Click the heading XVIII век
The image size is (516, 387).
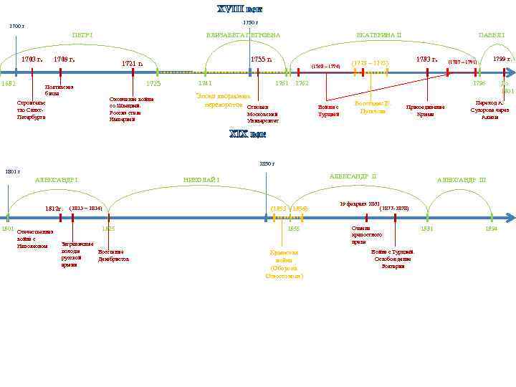[240, 9]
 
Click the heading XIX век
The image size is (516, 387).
[247, 133]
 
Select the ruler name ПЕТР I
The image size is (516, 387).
[82, 35]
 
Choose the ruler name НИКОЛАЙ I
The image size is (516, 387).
[201, 179]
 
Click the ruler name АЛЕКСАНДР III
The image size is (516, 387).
[462, 180]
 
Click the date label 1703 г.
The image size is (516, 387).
[32, 59]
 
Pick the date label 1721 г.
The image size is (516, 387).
[133, 64]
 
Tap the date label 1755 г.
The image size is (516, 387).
[261, 59]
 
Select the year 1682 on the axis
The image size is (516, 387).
[9, 84]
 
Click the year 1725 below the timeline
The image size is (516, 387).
[153, 84]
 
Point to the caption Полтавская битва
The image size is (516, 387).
[56, 90]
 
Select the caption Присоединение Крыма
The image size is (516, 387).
[426, 110]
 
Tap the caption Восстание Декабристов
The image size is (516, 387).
[113, 255]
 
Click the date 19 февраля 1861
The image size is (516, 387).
[359, 204]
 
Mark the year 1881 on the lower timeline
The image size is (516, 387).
[426, 229]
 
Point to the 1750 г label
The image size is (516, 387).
[250, 23]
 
